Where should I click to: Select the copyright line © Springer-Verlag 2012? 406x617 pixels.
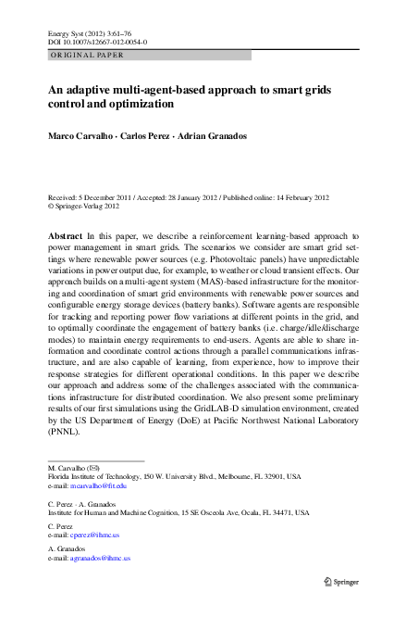pyautogui.click(x=92, y=207)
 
